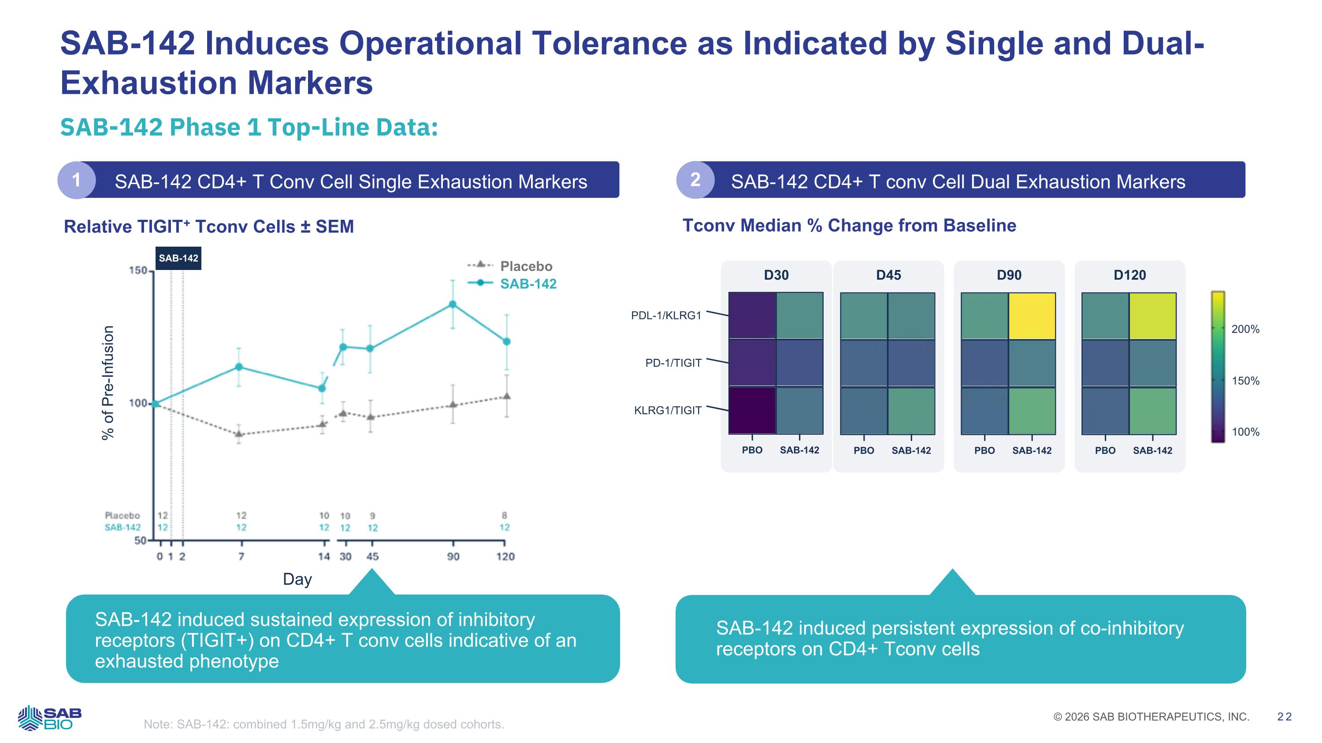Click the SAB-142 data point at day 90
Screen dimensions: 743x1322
click(453, 304)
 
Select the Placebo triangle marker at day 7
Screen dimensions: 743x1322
click(239, 434)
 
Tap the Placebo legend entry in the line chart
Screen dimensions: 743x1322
click(526, 266)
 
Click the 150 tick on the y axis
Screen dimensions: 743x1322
click(137, 270)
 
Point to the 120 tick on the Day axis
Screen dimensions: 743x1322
click(505, 556)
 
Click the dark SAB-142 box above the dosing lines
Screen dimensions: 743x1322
click(178, 258)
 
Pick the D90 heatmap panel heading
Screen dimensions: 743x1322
click(1009, 275)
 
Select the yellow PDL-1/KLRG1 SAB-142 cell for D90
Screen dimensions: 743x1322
click(1032, 316)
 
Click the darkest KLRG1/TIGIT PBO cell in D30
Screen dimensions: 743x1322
click(752, 410)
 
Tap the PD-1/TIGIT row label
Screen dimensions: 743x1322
click(673, 363)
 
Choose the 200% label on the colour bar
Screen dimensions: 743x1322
click(1245, 329)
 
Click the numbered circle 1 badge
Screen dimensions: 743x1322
click(77, 180)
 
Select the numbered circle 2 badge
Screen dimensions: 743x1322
click(695, 180)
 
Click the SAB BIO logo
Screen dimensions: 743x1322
click(50, 718)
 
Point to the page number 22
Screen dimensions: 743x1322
click(1285, 717)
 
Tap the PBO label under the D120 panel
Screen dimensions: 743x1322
click(1105, 450)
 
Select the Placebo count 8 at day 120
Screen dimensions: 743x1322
click(505, 515)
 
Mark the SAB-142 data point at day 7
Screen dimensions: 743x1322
click(239, 366)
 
